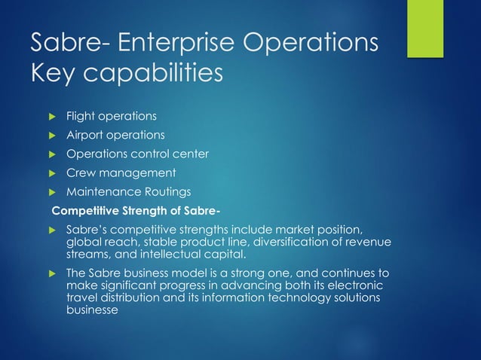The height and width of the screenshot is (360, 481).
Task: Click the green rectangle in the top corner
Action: coord(425,28)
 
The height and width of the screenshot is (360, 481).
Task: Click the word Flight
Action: coord(79,117)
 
